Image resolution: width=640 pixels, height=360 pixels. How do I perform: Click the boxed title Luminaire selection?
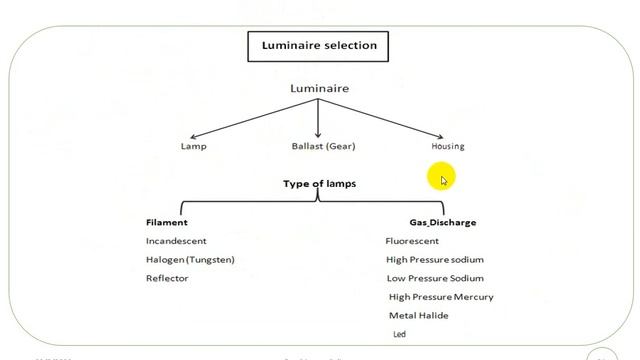coord(319,45)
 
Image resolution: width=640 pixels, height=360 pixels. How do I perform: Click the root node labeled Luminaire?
coord(319,89)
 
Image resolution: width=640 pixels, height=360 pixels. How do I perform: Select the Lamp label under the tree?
coord(193,146)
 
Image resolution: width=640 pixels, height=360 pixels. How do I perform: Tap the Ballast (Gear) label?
coord(323,146)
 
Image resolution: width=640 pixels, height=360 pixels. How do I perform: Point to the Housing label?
coord(447,146)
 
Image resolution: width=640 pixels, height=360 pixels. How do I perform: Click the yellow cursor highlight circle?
coord(441,178)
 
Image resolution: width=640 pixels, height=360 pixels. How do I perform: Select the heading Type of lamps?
coord(319,184)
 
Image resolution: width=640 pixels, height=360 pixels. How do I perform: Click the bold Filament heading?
coord(167,222)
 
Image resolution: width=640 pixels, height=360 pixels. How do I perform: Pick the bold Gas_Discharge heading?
coord(442,222)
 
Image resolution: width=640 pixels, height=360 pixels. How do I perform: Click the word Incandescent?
coord(176,241)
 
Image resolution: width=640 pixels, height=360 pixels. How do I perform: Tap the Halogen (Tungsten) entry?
coord(190,260)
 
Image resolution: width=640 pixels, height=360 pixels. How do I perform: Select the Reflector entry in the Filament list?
coord(167,278)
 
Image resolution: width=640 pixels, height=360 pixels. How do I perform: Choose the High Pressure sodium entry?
coord(434,260)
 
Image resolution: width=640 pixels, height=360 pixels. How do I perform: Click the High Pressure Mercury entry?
coord(440,297)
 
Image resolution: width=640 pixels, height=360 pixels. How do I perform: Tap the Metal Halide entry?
coord(418,316)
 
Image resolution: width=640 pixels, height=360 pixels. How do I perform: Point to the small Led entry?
coord(396,334)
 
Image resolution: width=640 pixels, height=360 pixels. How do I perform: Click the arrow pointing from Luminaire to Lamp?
coord(250,118)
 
